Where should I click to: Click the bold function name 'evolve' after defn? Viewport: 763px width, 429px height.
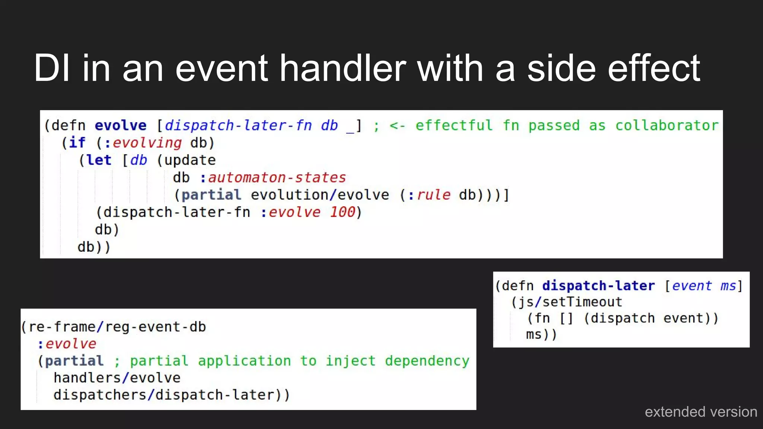click(x=120, y=125)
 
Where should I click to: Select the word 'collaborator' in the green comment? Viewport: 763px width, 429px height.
click(x=667, y=125)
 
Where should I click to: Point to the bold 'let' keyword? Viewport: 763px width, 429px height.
click(x=99, y=160)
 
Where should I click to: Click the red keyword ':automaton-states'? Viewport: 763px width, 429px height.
click(x=273, y=178)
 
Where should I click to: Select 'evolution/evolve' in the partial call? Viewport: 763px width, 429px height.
click(x=320, y=195)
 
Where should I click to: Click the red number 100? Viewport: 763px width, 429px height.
click(x=342, y=212)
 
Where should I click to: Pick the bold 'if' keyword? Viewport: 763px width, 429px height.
click(x=77, y=143)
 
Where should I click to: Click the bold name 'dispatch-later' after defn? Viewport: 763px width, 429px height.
click(x=598, y=286)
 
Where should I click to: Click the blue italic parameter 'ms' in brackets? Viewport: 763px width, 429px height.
click(x=728, y=286)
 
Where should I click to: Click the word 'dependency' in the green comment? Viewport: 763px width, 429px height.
click(x=427, y=361)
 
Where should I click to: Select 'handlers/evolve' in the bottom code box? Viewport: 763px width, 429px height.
click(x=117, y=378)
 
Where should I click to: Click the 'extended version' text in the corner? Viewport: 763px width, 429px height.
click(x=701, y=412)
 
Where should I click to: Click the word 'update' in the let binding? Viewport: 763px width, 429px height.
click(x=190, y=160)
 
